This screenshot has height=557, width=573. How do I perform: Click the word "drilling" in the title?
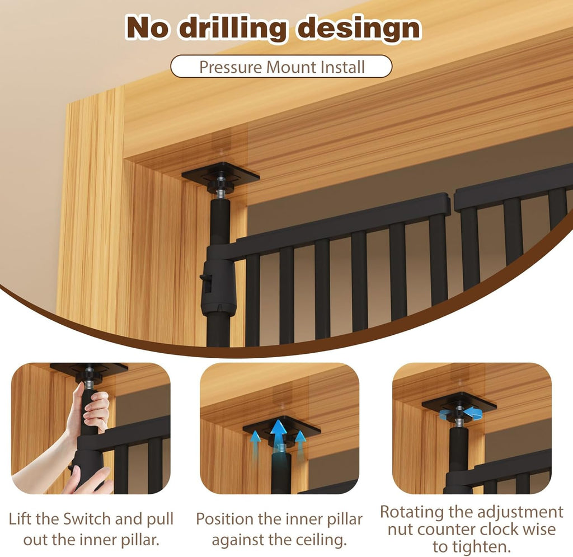[232, 29]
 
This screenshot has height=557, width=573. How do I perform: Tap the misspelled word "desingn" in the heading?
[359, 29]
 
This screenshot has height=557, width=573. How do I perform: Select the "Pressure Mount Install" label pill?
[281, 67]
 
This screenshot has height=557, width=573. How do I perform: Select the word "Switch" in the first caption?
[87, 519]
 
